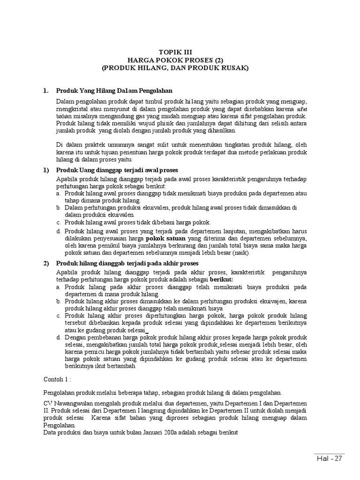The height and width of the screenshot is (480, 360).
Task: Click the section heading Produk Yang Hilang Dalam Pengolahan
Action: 114,90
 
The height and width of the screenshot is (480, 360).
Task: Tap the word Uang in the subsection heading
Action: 85,170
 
